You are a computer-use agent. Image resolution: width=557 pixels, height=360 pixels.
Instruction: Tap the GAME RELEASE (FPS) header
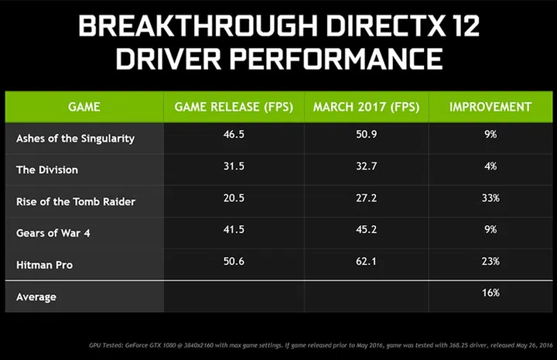[x=234, y=106]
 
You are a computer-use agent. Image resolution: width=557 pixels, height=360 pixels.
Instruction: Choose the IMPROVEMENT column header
[x=490, y=106]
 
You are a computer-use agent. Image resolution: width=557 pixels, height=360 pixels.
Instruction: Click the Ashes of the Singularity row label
[x=75, y=139]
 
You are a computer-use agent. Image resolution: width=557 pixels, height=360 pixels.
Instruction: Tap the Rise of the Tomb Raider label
[x=76, y=201]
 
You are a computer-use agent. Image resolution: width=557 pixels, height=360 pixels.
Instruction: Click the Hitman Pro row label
[x=43, y=265]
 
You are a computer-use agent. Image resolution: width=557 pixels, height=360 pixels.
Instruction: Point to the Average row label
[x=36, y=297]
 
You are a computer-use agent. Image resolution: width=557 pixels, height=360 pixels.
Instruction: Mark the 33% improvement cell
[x=490, y=197]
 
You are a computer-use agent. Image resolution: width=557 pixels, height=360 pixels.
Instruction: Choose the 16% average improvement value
[x=490, y=292]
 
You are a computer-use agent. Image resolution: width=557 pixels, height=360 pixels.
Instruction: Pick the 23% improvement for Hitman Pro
[x=490, y=261]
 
